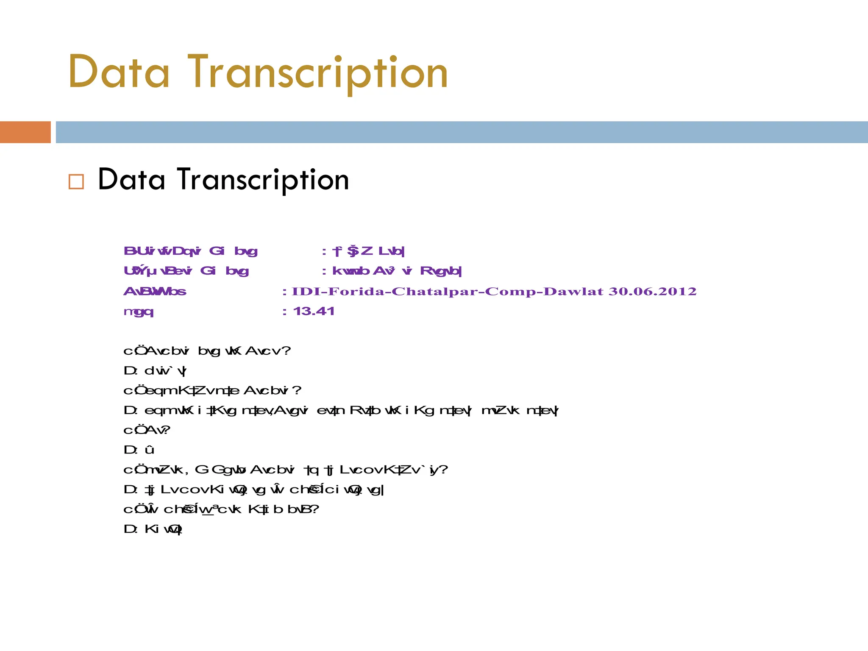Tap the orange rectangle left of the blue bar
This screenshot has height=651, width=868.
(25, 132)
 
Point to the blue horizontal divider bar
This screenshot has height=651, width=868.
(462, 132)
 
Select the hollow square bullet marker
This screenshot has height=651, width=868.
(76, 181)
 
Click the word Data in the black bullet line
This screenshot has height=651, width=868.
(131, 180)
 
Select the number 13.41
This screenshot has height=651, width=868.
(314, 312)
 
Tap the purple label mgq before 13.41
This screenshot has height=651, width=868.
(138, 312)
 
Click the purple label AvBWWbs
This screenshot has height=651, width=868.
(155, 292)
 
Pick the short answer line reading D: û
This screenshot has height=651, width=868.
(139, 450)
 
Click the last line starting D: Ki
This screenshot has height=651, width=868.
(153, 529)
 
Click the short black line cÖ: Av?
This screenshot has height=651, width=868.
(147, 430)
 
